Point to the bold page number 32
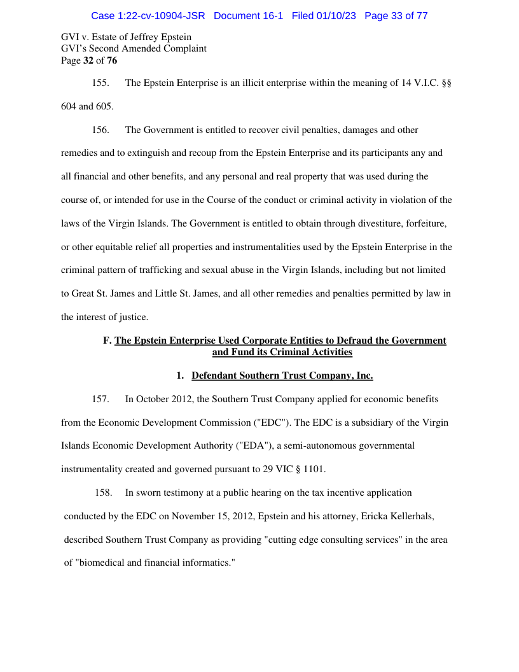click(x=88, y=60)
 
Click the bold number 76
click(x=111, y=60)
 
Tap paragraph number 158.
click(x=103, y=493)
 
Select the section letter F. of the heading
click(x=107, y=340)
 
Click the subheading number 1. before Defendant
click(x=180, y=375)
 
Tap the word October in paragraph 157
click(x=153, y=399)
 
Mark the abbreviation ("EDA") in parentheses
click(x=253, y=446)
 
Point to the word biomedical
click(x=103, y=563)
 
